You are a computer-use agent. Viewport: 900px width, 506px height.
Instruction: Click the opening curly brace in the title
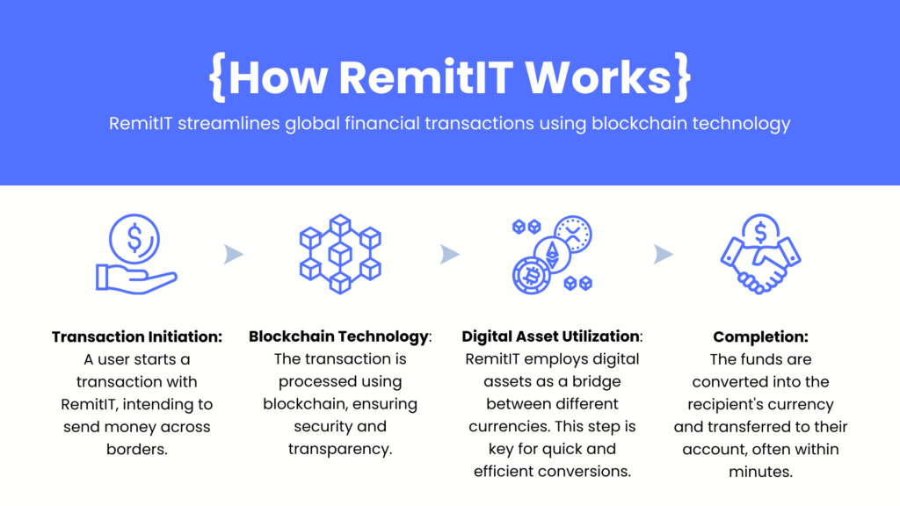pyautogui.click(x=217, y=77)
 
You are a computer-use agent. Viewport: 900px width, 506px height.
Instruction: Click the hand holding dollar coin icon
pyautogui.click(x=135, y=255)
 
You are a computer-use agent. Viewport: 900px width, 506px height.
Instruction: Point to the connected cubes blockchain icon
pyautogui.click(x=339, y=255)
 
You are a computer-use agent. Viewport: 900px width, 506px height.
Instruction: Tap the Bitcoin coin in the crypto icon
pyautogui.click(x=530, y=276)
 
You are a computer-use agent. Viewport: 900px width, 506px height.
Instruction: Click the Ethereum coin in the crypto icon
pyautogui.click(x=553, y=254)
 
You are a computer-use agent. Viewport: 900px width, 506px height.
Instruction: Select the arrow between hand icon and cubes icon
pyautogui.click(x=233, y=255)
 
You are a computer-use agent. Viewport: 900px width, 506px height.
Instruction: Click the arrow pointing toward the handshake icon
pyautogui.click(x=664, y=255)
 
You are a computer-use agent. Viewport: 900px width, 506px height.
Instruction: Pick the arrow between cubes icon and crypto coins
pyautogui.click(x=449, y=255)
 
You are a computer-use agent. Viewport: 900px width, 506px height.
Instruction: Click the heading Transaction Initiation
pyautogui.click(x=137, y=337)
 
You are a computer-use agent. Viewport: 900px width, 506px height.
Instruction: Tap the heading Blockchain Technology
pyautogui.click(x=339, y=337)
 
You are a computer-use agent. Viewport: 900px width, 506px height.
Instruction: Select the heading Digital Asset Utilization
pyautogui.click(x=551, y=337)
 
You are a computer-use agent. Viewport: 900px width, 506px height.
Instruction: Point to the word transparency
pyautogui.click(x=339, y=450)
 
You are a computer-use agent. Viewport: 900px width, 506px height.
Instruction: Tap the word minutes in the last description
pyautogui.click(x=762, y=473)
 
